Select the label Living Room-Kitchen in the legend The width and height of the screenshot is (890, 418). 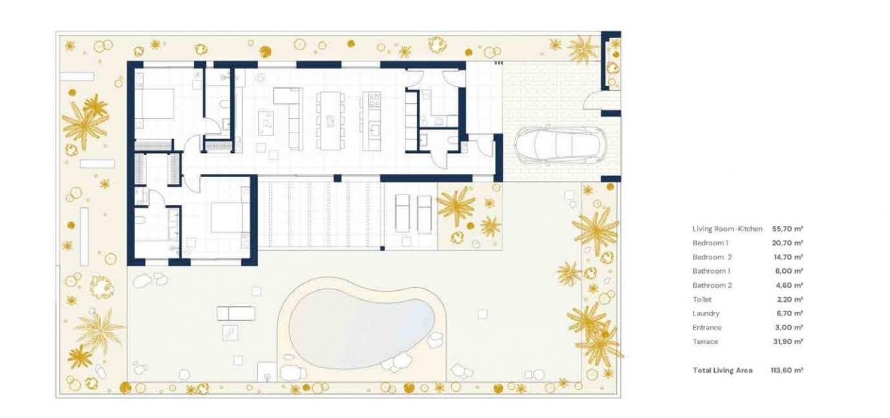tap(727, 229)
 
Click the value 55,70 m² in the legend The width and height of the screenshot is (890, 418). tap(787, 229)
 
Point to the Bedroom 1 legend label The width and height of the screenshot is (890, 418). tap(710, 243)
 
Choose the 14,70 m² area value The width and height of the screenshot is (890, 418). tap(788, 257)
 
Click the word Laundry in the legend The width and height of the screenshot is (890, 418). tap(706, 313)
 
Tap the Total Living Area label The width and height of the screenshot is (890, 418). tap(723, 370)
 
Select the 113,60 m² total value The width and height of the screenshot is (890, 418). tap(787, 370)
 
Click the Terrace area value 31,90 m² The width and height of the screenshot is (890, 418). tap(788, 342)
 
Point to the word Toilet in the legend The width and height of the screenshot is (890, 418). tap(702, 300)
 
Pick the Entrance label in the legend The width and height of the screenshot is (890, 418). tap(707, 328)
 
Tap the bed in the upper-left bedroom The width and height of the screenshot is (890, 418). tap(155, 103)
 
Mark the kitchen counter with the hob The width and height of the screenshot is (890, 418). tap(374, 122)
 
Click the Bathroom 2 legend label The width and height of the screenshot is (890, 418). tap(712, 285)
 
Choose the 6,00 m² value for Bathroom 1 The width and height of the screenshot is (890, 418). tap(789, 271)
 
